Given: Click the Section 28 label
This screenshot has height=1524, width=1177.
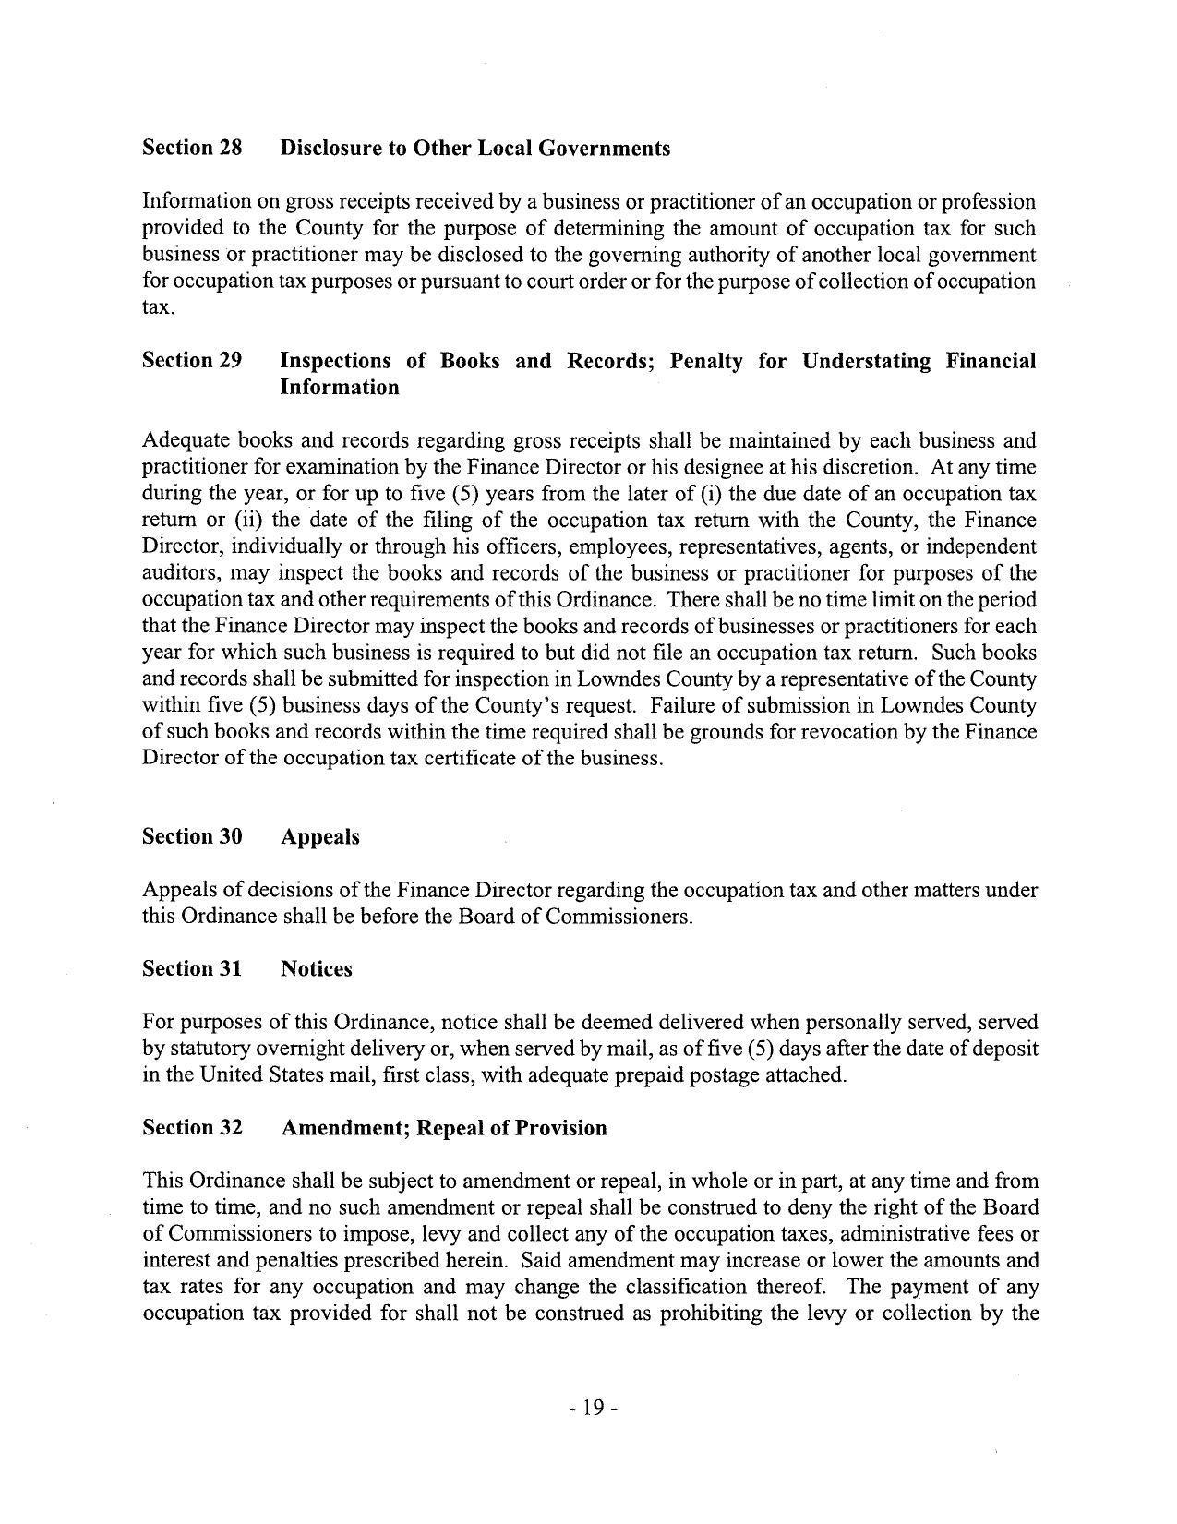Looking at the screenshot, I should pyautogui.click(x=192, y=148).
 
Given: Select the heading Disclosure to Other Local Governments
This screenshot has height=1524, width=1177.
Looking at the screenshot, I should pyautogui.click(x=475, y=148).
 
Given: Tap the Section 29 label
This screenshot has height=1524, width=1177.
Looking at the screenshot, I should pyautogui.click(x=192, y=360).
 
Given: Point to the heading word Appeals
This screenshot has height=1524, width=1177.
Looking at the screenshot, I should pyautogui.click(x=320, y=837).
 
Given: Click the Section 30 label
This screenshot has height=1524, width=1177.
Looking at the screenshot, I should pyautogui.click(x=192, y=836).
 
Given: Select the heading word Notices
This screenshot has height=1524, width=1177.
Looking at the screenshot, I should pyautogui.click(x=317, y=969).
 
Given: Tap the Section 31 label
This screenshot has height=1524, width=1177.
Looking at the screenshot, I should pyautogui.click(x=192, y=968).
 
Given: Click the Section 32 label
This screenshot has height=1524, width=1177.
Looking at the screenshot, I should pyautogui.click(x=192, y=1128).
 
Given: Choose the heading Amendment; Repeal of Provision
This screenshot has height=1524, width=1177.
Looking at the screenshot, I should pyautogui.click(x=444, y=1128).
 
